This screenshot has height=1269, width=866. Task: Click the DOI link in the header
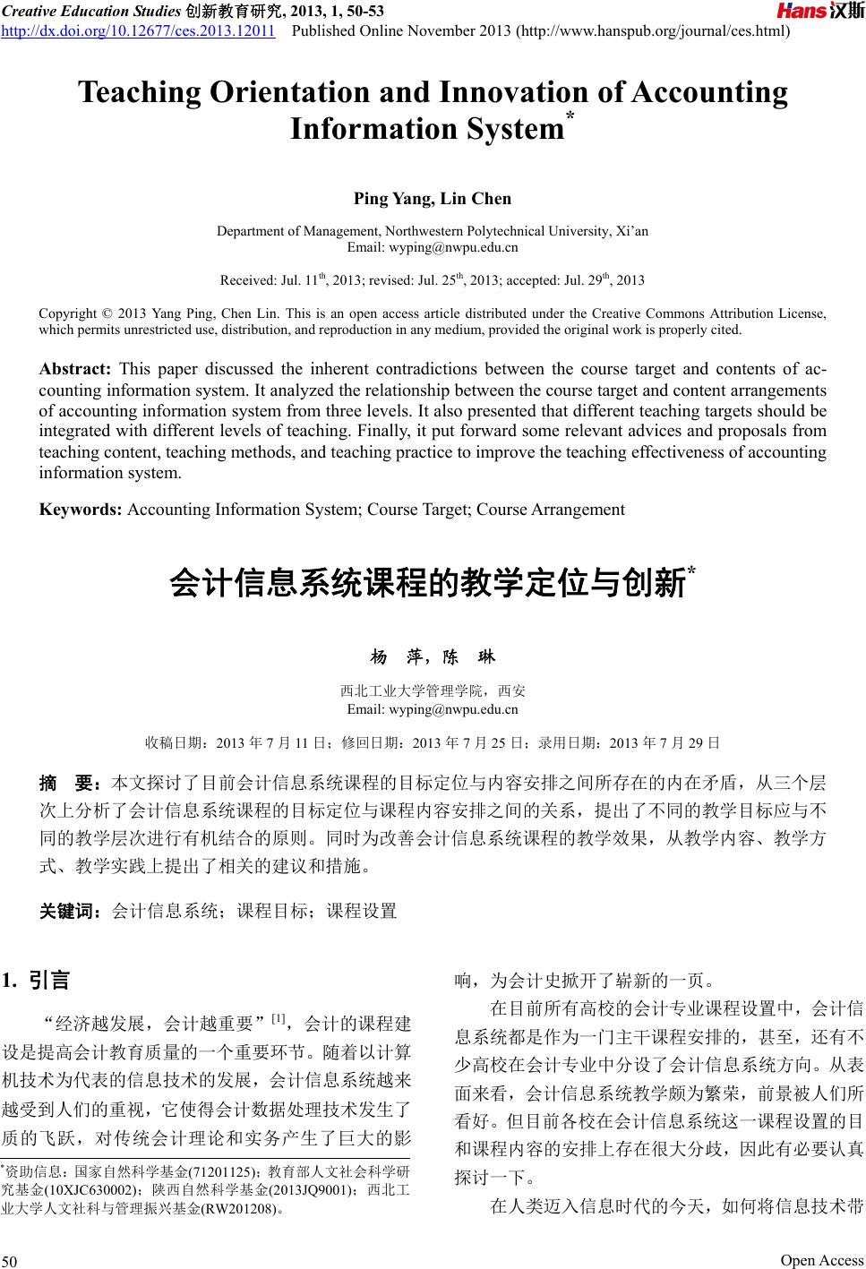[x=138, y=32]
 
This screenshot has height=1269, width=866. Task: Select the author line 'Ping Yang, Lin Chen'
[x=433, y=198]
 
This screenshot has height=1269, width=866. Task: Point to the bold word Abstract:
[x=75, y=369]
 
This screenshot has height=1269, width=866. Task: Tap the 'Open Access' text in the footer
[x=821, y=1260]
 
